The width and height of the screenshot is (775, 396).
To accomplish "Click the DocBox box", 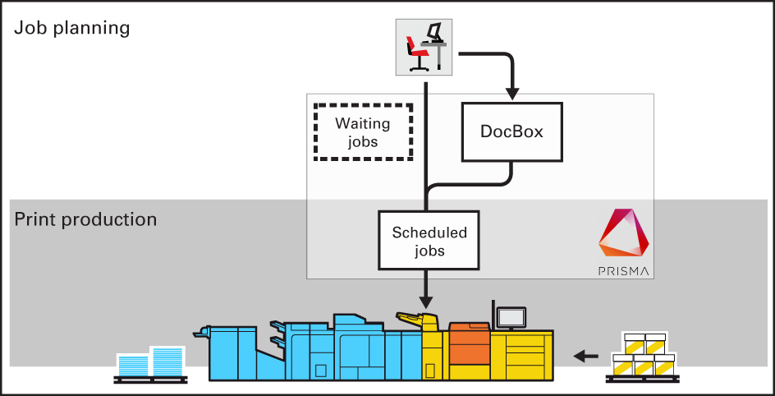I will click(x=512, y=131).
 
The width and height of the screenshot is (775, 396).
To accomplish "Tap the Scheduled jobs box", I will click(x=429, y=241).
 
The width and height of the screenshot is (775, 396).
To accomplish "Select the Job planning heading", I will click(x=72, y=28).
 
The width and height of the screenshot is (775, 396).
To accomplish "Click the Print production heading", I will click(x=85, y=220).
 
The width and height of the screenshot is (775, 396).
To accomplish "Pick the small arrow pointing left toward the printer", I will click(x=585, y=356).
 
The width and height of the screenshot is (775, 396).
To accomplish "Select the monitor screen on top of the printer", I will click(x=511, y=316).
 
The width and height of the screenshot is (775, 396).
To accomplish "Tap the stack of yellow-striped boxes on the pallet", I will click(x=644, y=353).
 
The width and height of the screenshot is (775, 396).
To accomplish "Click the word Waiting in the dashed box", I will click(x=362, y=124).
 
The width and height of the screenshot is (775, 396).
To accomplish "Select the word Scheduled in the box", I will click(x=429, y=233).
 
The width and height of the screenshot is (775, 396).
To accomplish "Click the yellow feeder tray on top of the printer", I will click(x=416, y=318).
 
